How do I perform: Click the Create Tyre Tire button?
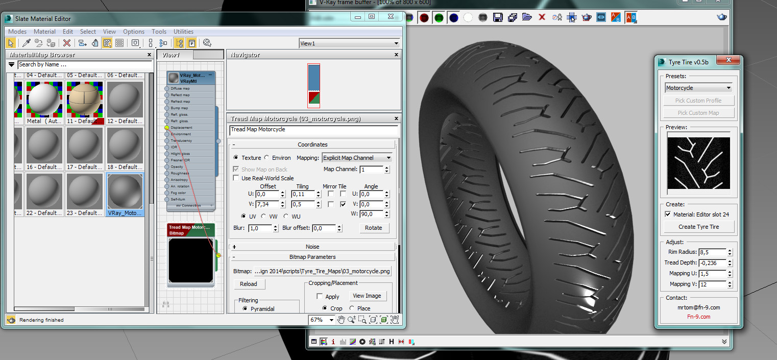pos(698,227)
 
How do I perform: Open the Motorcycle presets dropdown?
pos(698,88)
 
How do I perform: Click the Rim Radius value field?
pos(712,252)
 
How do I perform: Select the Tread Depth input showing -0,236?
pos(712,263)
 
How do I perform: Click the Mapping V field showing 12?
pos(712,284)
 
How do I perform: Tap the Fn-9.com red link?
pos(698,317)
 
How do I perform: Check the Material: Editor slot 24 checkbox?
pos(668,214)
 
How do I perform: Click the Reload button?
pos(249,284)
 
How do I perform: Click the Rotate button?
pos(373,228)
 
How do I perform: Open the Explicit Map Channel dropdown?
pos(356,158)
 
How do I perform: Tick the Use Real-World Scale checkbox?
pos(236,178)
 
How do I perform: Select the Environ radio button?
pos(266,158)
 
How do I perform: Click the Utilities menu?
pos(183,32)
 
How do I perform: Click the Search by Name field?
pos(84,65)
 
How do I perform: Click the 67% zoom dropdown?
pos(322,320)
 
